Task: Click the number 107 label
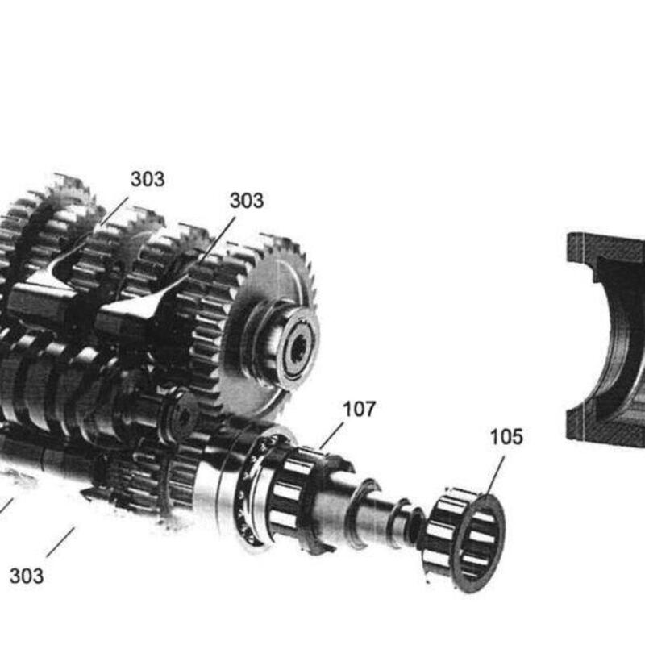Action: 359,410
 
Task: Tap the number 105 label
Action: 506,437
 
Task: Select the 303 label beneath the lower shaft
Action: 27,576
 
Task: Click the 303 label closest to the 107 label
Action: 247,201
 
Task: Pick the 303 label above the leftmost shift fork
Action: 148,179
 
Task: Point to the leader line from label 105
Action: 494,476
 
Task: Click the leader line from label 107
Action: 331,436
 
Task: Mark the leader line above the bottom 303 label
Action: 60,542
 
